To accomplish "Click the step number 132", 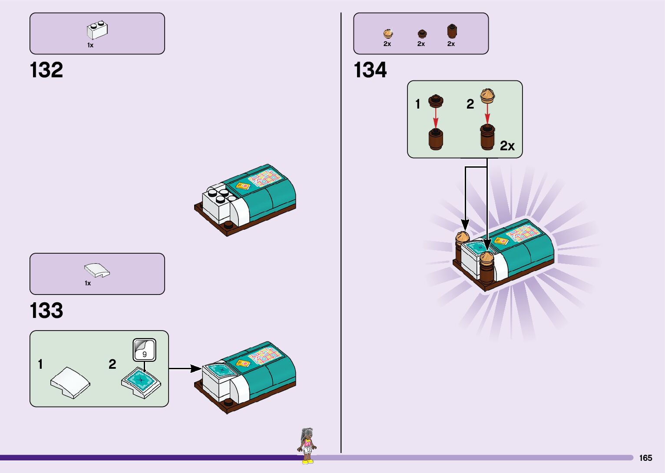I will point(46,70).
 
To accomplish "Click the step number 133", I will point(46,311).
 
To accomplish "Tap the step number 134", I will point(370,70).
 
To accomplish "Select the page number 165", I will point(645,458).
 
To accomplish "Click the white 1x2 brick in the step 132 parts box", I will point(97,30).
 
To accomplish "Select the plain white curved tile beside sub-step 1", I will point(70,382).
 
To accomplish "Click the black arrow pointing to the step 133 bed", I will point(185,369).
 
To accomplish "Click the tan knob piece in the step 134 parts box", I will point(388,33).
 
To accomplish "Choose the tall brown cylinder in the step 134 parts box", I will point(452,32).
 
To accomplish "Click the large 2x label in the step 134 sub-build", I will point(507,146).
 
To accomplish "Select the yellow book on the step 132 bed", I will point(242,186).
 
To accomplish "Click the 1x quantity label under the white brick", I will point(90,45).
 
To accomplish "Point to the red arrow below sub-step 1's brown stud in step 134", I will point(436,118).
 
